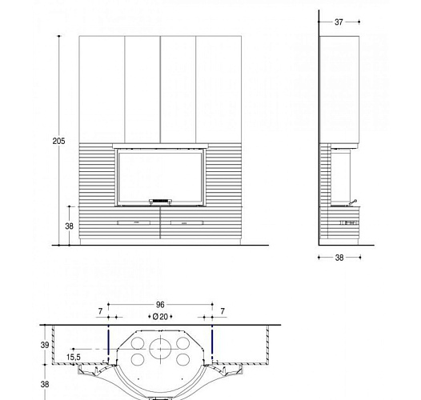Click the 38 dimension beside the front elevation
coord(69,226)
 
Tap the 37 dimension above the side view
coord(339,22)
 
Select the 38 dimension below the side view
coord(339,258)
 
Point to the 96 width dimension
coord(160,305)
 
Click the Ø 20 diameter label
coord(160,317)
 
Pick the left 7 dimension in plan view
coord(100,310)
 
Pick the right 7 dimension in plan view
coord(222,310)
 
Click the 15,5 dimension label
coord(74,357)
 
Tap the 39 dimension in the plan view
coord(45,345)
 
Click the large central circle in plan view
coord(160,348)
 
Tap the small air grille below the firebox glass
coord(160,201)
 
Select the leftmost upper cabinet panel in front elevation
coord(102,89)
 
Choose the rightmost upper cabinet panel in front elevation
coord(219,89)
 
